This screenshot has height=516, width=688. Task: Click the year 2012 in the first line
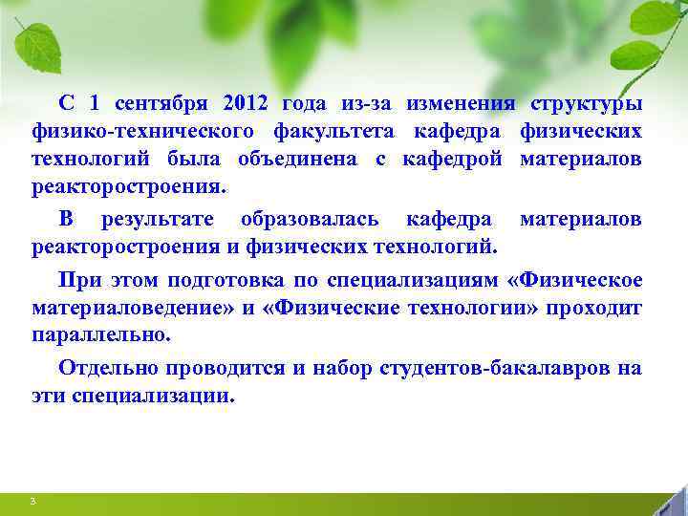point(246,103)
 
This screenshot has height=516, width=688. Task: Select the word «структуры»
point(586,103)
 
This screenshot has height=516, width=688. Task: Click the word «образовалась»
point(311,221)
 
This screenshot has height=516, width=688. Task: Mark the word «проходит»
point(597,309)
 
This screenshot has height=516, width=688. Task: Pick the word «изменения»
point(460,103)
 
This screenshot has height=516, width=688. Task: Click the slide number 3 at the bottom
point(32,502)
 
